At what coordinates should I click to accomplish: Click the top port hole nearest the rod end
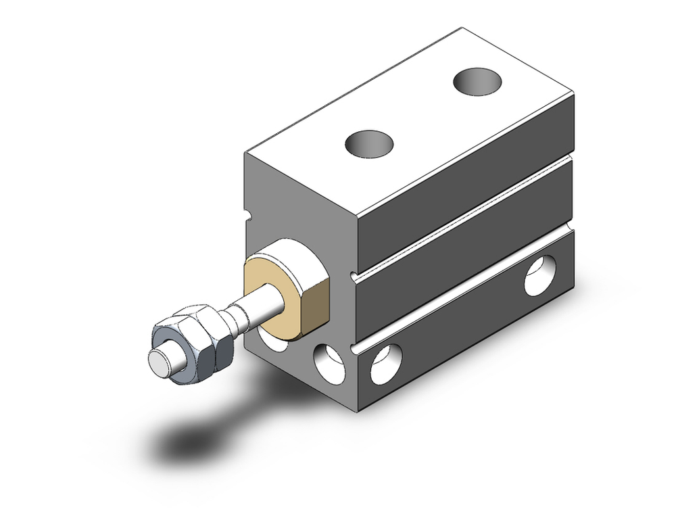[369, 143]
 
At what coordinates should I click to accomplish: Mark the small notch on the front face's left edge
[246, 217]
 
